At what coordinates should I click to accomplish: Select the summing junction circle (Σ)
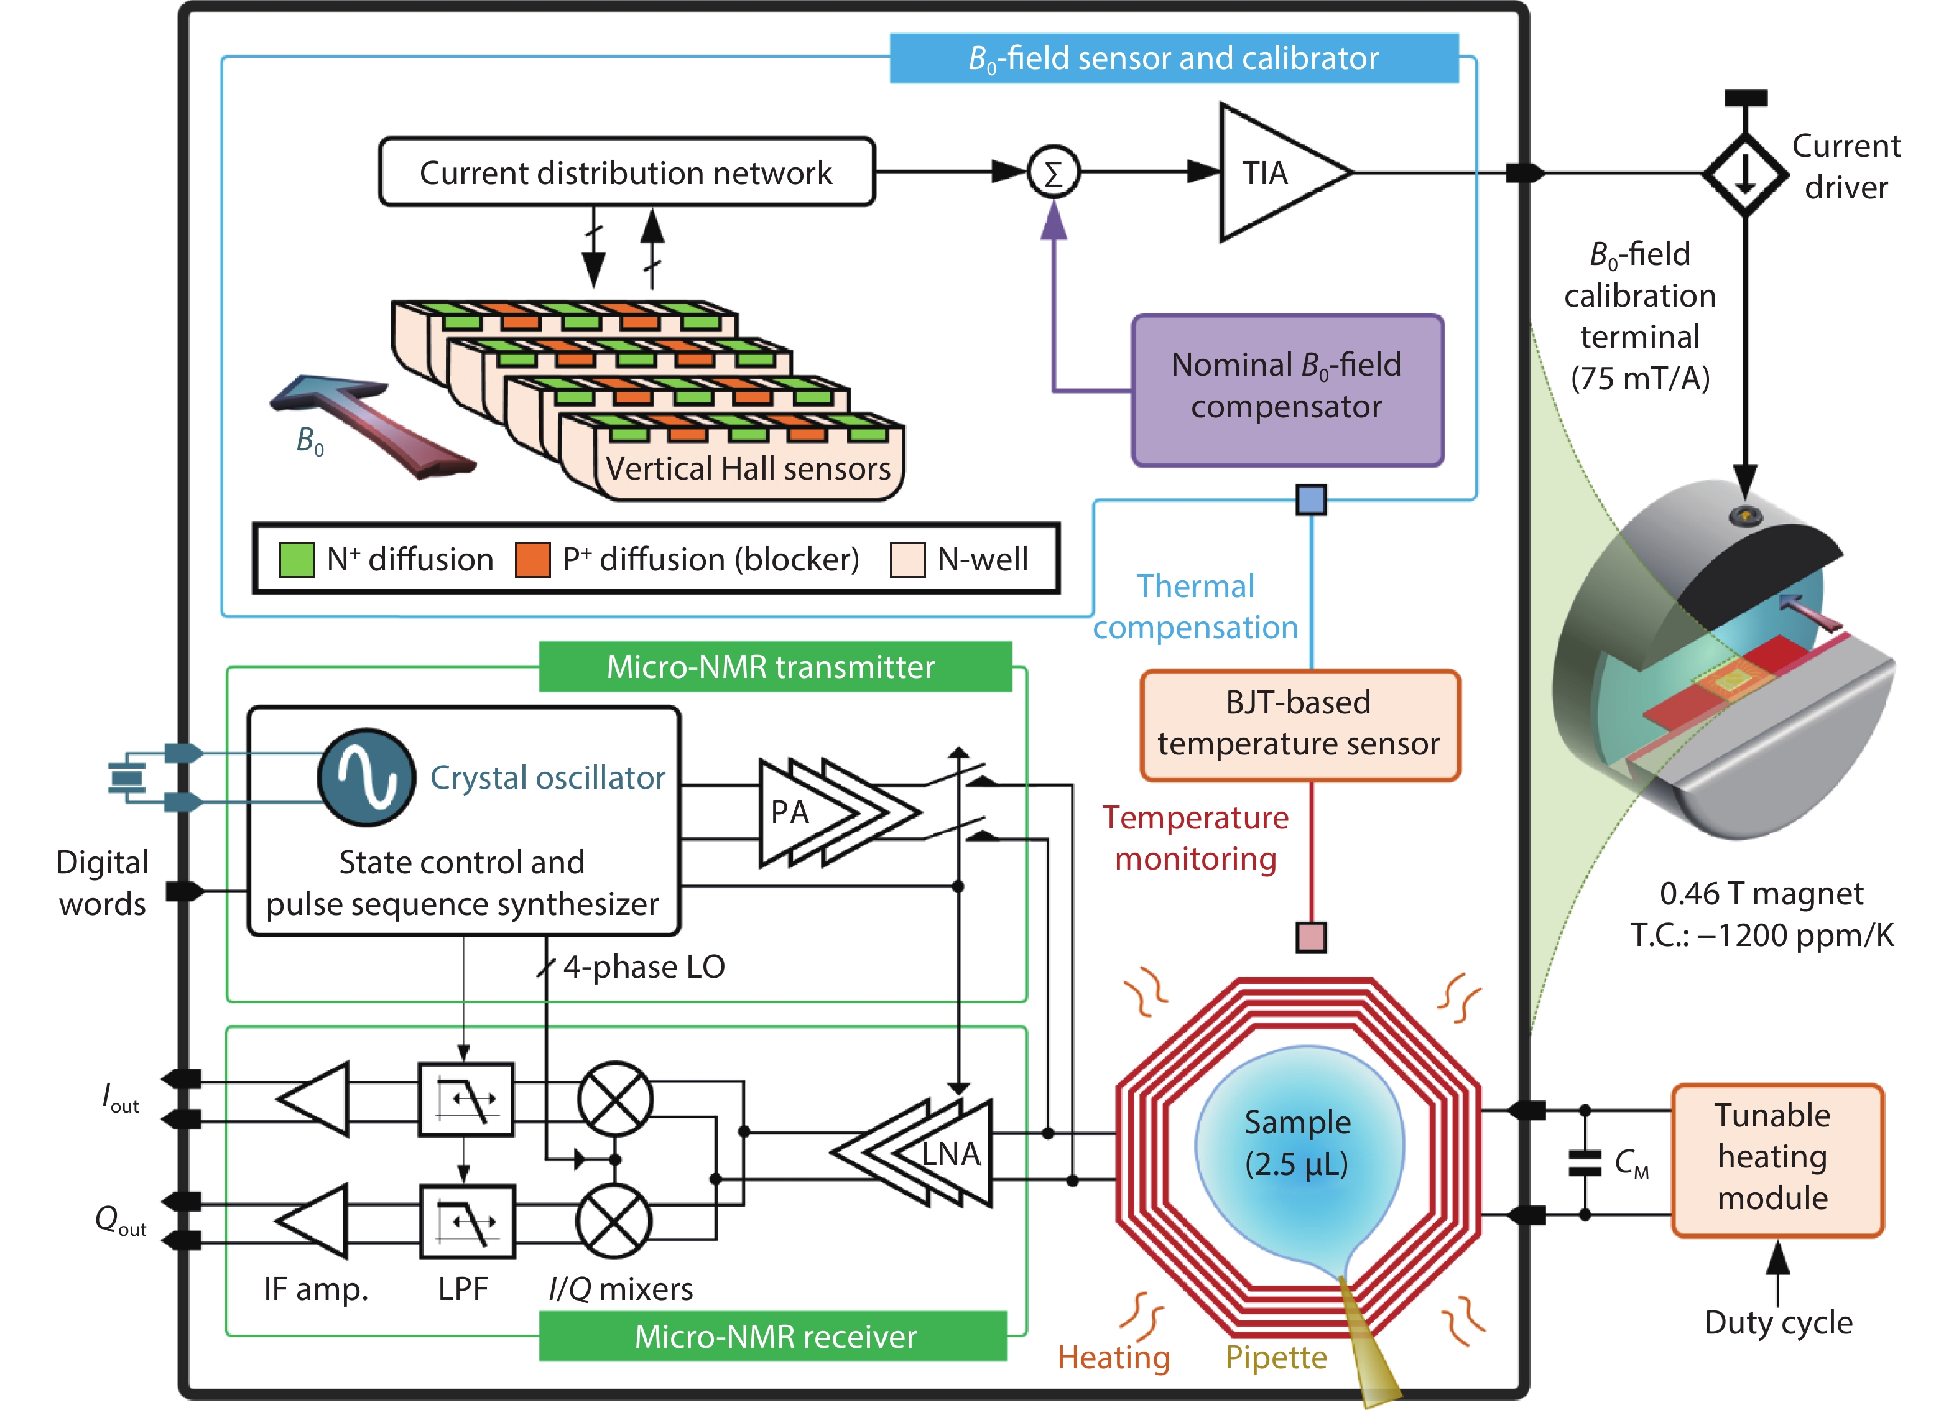(x=1053, y=173)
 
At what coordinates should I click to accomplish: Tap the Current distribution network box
(x=626, y=172)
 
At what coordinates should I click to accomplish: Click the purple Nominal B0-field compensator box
(x=1286, y=389)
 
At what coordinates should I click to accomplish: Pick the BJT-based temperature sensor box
(x=1299, y=724)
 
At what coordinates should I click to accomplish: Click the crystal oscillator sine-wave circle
(x=366, y=777)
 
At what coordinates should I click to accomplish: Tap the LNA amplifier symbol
(x=924, y=1153)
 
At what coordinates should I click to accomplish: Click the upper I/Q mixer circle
(x=615, y=1099)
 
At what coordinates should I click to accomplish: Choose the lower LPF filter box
(x=466, y=1222)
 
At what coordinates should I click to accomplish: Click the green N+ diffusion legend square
(x=296, y=560)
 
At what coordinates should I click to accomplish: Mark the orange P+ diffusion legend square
(x=532, y=560)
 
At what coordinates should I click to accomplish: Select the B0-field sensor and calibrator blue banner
(x=1173, y=58)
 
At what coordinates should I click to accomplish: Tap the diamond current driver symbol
(x=1745, y=174)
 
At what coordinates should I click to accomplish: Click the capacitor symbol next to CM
(x=1584, y=1162)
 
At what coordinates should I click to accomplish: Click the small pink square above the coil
(x=1310, y=937)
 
